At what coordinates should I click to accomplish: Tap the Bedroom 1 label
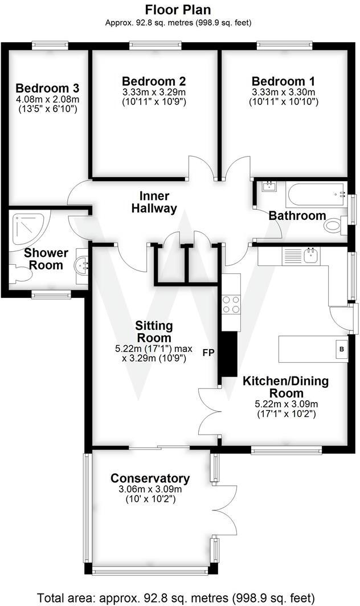coord(283,81)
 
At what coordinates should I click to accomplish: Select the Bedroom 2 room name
coord(154,81)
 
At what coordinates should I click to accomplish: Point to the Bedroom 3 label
coord(47,88)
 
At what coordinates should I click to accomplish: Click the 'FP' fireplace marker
coord(209,353)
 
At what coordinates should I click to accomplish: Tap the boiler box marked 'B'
coord(342,349)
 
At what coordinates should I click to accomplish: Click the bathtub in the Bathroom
coord(316,195)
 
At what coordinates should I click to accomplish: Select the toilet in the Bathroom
coord(333,226)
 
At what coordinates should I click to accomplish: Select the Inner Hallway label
coord(154,202)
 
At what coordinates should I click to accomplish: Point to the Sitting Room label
coord(154,331)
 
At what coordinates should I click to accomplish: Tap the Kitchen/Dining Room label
coord(285,387)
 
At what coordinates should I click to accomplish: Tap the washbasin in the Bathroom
coord(267,186)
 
